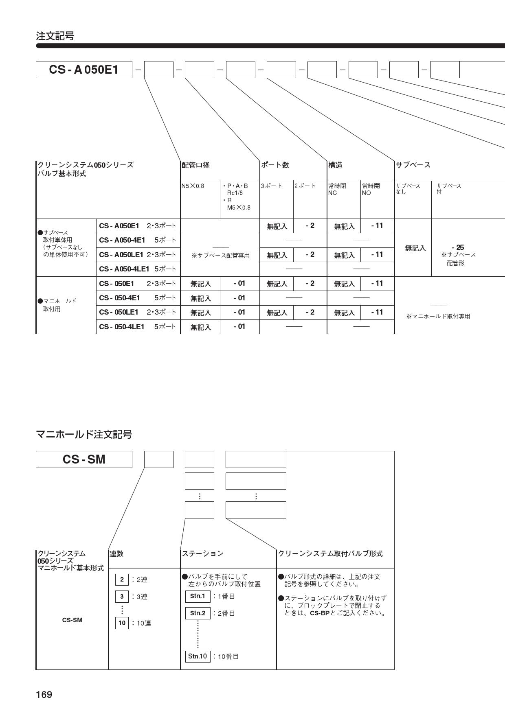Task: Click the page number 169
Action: tap(44, 694)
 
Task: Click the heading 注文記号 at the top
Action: tap(55, 36)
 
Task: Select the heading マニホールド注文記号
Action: tap(84, 434)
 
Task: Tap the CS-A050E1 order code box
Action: tap(84, 70)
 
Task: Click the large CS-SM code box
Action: tap(84, 459)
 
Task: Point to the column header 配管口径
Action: tap(195, 165)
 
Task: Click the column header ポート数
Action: tap(275, 165)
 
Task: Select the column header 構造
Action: tap(336, 165)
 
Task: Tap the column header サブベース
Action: tap(413, 165)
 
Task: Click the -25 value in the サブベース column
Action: tap(458, 247)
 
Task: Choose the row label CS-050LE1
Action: tap(119, 312)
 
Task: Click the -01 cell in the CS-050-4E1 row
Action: tap(239, 298)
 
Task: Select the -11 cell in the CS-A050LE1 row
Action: tap(377, 254)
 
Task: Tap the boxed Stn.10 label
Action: tap(198, 656)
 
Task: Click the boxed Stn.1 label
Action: tap(198, 596)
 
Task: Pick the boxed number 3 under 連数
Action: tap(122, 597)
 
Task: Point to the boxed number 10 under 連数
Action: tap(122, 623)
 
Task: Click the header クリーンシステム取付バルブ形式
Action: tap(330, 553)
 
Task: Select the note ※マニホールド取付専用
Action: tap(438, 316)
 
